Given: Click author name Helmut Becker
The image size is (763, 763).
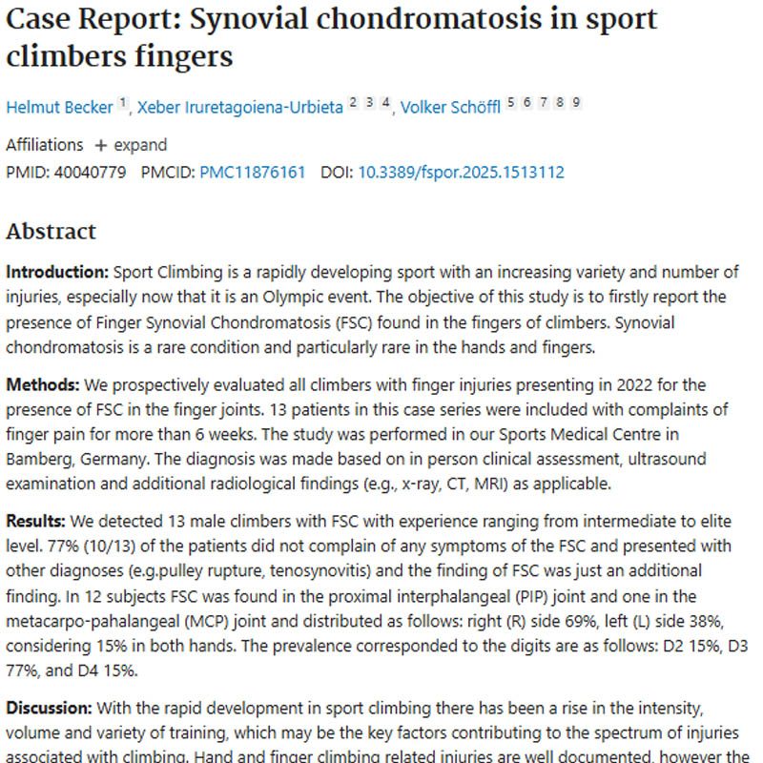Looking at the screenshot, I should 60,107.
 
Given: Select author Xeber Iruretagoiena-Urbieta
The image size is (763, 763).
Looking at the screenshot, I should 239,107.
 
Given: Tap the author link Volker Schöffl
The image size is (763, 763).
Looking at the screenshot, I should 450,107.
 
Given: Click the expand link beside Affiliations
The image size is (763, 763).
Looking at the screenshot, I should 130,145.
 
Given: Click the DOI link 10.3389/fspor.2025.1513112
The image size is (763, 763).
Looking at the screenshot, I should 461,173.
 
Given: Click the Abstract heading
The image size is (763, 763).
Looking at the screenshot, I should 52,232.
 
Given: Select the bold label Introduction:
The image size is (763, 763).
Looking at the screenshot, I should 54,273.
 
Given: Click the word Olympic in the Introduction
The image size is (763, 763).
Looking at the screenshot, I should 456,298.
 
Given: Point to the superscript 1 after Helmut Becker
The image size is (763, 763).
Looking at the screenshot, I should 122,102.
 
